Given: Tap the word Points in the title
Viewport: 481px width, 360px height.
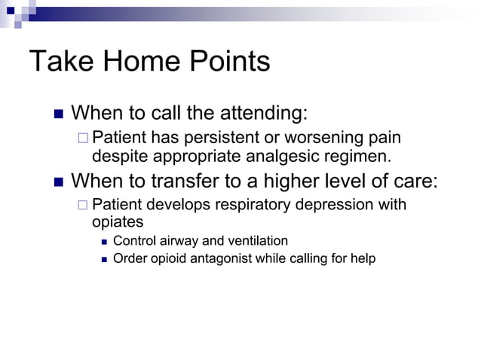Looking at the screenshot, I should click(231, 62).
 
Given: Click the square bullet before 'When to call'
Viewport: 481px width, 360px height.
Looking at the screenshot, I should click(59, 114).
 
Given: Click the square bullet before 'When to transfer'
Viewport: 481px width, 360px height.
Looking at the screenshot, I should click(59, 182).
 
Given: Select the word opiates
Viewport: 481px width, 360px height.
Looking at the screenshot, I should click(117, 223).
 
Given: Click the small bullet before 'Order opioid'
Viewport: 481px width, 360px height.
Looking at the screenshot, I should click(103, 259).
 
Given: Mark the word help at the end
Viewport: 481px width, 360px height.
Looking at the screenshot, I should click(362, 259).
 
